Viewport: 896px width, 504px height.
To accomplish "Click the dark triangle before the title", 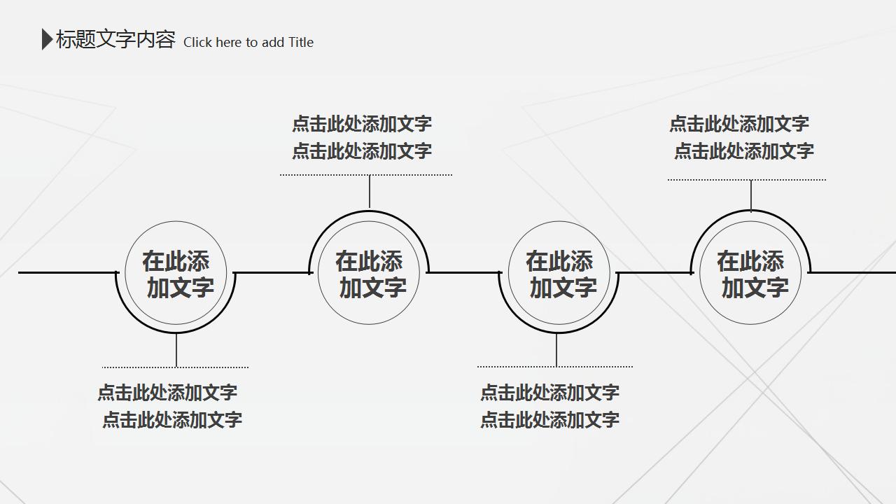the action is coord(47,39).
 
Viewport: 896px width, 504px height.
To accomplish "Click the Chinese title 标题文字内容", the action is coord(115,39).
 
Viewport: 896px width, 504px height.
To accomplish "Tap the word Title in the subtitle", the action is coord(300,42).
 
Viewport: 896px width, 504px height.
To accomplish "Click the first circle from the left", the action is coord(125,273).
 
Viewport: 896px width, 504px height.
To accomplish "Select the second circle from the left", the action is coord(318,273).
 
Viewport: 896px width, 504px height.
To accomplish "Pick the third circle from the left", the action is coord(508,273).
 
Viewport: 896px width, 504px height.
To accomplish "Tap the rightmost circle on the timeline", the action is coord(699,273).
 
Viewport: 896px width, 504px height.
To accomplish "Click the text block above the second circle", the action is coord(362,137).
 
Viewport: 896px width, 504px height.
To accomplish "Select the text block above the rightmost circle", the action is coord(741,137).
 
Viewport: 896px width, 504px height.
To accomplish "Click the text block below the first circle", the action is coord(169,406).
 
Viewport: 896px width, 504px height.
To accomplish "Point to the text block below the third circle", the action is coord(549,406).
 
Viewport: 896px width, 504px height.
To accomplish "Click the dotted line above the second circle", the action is coord(366,175).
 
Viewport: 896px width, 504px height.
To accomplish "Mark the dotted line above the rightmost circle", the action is coord(747,180).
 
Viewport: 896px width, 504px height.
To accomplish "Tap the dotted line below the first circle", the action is coord(175,367).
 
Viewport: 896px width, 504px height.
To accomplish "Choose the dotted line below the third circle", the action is coord(555,366).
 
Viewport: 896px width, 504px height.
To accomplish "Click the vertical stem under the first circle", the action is coord(176,349).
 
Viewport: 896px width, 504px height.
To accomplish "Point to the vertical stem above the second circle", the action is coord(369,192).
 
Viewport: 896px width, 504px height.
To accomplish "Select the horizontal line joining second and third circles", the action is coord(464,273).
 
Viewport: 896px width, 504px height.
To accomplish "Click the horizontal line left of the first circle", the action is coord(68,273).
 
